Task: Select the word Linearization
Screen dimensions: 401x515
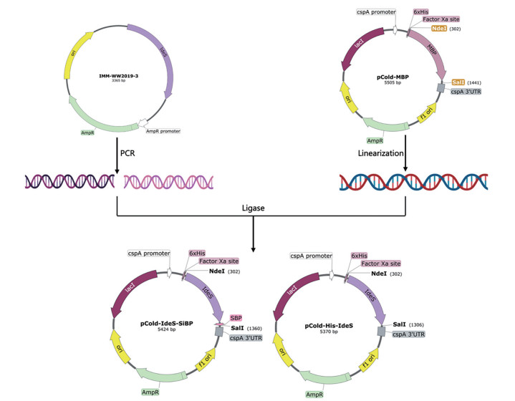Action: pyautogui.click(x=376, y=154)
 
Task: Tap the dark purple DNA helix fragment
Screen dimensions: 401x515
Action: pyautogui.click(x=67, y=184)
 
